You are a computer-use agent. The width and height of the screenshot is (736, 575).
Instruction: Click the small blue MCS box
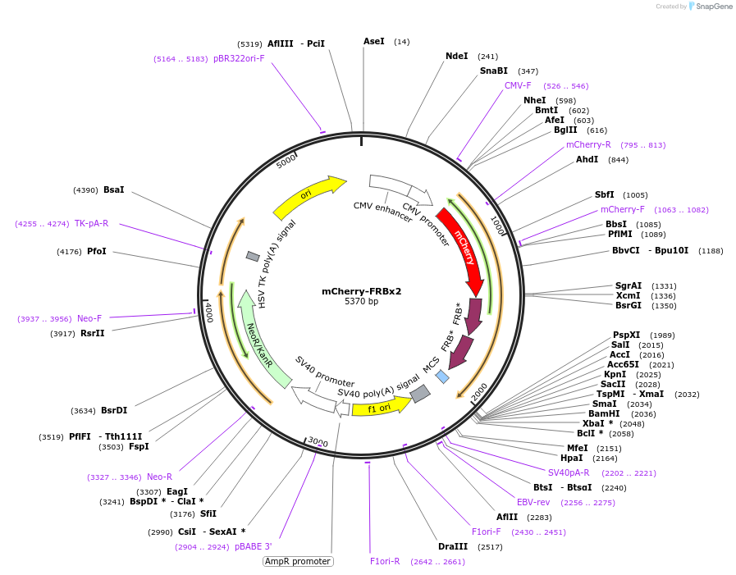click(x=442, y=376)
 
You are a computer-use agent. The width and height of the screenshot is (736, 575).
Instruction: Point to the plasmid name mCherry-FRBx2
click(x=361, y=291)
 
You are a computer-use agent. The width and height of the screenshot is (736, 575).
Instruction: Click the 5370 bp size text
click(x=361, y=302)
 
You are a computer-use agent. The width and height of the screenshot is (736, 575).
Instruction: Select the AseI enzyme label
click(x=373, y=41)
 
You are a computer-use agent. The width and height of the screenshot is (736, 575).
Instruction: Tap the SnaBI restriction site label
click(x=494, y=71)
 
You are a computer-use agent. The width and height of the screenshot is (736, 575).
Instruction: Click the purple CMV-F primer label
click(x=518, y=85)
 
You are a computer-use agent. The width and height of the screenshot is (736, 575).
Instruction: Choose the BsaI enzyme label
click(x=114, y=189)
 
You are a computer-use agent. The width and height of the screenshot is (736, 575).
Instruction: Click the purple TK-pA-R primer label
click(x=91, y=223)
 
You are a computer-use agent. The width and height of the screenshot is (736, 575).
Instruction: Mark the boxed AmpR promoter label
click(x=298, y=562)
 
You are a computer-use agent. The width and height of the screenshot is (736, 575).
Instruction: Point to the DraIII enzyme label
click(x=452, y=546)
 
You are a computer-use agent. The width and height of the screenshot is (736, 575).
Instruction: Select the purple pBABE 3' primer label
click(x=253, y=546)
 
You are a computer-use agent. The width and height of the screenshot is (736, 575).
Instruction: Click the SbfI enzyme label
click(x=605, y=194)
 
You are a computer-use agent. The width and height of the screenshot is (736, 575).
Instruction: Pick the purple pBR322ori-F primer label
click(x=239, y=58)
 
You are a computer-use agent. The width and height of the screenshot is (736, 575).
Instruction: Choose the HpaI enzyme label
click(x=571, y=459)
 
